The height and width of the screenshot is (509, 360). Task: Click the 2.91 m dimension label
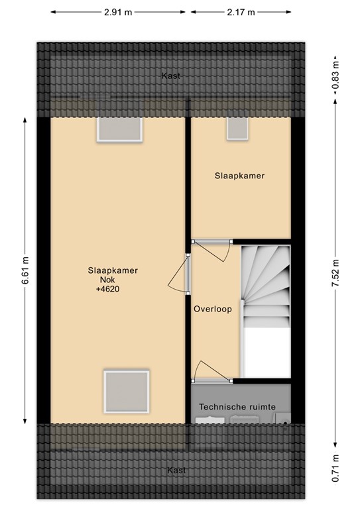click(121, 12)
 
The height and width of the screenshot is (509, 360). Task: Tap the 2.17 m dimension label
click(241, 12)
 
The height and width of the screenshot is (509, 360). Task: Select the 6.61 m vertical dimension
click(26, 270)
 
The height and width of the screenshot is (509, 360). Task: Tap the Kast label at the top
click(171, 76)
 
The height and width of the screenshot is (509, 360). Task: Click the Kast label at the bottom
click(176, 470)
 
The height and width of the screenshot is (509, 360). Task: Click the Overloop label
click(212, 309)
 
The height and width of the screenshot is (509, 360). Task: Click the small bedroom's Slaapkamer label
click(239, 176)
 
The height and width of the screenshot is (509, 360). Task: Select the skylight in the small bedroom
click(237, 128)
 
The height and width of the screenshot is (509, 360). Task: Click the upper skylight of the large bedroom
click(120, 129)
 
